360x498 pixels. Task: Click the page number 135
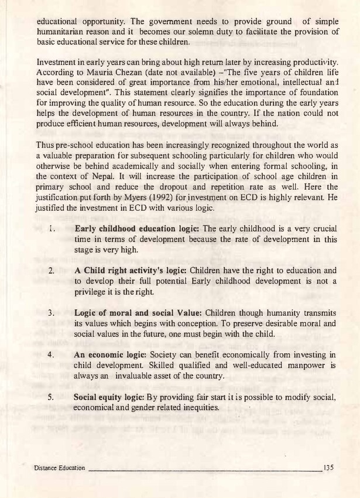point(328,468)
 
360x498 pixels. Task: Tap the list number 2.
point(52,271)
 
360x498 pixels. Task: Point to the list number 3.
point(52,313)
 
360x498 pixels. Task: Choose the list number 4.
point(52,354)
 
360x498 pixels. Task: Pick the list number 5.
point(52,397)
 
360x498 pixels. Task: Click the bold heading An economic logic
point(111,355)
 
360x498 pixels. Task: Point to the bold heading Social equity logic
point(109,397)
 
